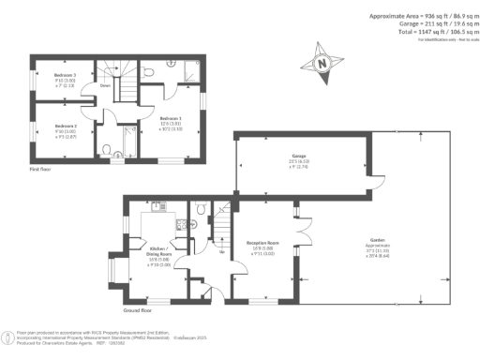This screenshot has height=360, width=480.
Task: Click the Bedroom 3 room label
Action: pyautogui.click(x=65, y=74)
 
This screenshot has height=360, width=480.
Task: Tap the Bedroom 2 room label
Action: pyautogui.click(x=65, y=126)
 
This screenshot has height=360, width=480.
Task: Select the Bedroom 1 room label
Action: pyautogui.click(x=171, y=118)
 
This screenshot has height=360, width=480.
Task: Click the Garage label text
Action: pyautogui.click(x=299, y=159)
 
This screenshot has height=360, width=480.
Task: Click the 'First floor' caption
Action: pyautogui.click(x=40, y=169)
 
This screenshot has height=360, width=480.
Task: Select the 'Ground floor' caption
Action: pyautogui.click(x=138, y=308)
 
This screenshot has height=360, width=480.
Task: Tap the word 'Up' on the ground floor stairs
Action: pyautogui.click(x=220, y=250)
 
